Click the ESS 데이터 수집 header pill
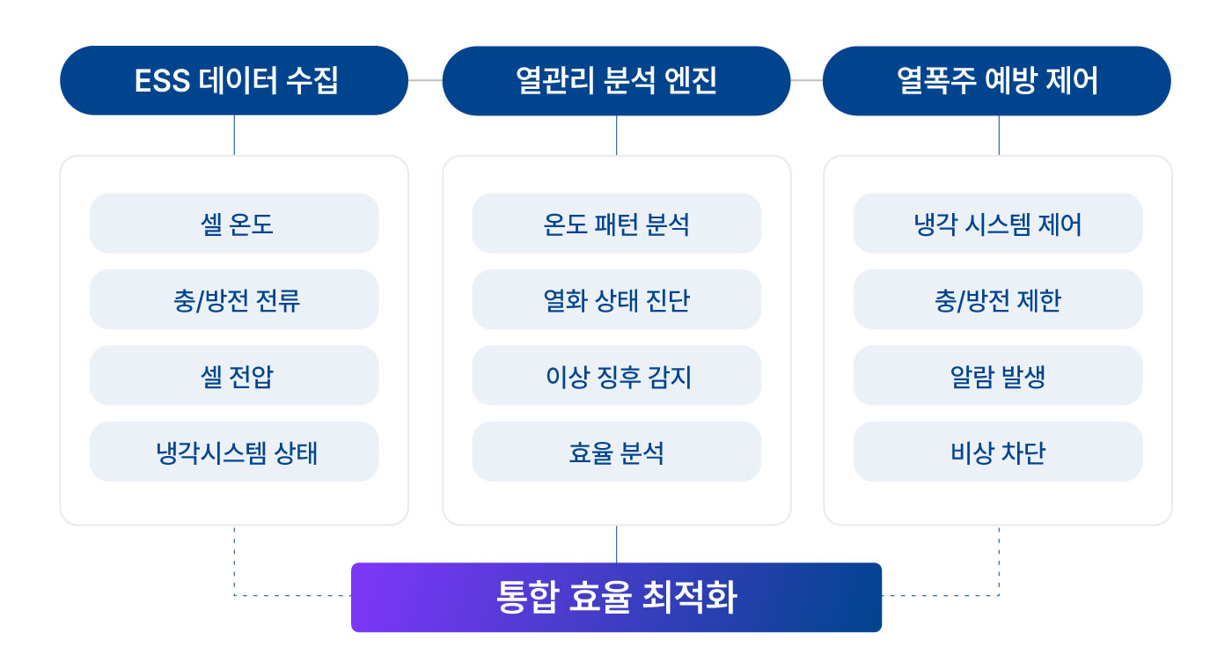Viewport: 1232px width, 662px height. [x=234, y=80]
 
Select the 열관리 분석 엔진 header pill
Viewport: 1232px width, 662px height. [x=616, y=80]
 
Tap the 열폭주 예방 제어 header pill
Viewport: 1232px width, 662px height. [x=996, y=80]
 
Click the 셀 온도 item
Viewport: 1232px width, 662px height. [x=234, y=223]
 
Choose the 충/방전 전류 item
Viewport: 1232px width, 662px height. [x=234, y=299]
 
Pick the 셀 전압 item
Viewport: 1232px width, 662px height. [x=234, y=375]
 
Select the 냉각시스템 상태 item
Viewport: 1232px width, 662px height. [x=234, y=452]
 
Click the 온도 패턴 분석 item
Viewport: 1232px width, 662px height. [x=617, y=223]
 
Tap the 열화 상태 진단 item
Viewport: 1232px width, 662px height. [x=617, y=299]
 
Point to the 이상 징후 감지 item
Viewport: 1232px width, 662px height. [x=617, y=375]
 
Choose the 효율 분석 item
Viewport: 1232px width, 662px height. [x=617, y=452]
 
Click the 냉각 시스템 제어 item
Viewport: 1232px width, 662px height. [x=998, y=223]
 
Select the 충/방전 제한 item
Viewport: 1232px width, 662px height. [x=998, y=299]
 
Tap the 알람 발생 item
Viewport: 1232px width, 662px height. [x=998, y=375]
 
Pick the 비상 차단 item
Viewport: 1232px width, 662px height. [x=998, y=452]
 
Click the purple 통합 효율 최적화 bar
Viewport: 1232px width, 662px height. [x=616, y=597]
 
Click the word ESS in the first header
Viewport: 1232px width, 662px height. [x=162, y=81]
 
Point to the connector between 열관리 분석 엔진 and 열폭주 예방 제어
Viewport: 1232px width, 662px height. [x=806, y=80]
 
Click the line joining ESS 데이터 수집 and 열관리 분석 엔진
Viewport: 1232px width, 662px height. [x=425, y=80]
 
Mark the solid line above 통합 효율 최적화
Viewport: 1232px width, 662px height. [x=617, y=544]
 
